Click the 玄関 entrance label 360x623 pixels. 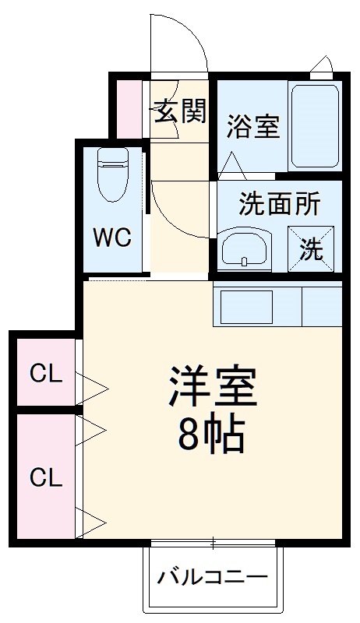click(x=179, y=112)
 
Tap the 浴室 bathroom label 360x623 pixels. click(x=252, y=127)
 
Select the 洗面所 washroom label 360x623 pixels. click(x=279, y=204)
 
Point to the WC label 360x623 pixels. click(x=112, y=238)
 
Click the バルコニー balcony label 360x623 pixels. click(x=213, y=578)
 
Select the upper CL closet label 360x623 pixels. click(x=45, y=375)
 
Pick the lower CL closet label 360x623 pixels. click(x=45, y=477)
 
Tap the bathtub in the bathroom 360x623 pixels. click(x=314, y=127)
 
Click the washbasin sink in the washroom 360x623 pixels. click(x=245, y=248)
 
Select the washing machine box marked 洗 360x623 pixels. click(x=312, y=248)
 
